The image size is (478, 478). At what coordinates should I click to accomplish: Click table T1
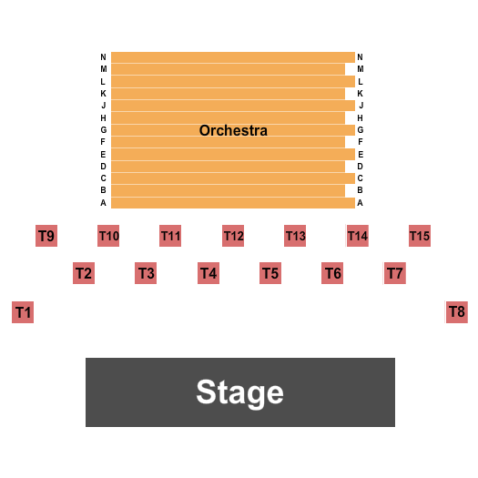point(23,312)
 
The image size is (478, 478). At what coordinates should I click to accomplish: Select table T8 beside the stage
point(457,312)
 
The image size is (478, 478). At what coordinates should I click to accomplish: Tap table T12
point(233,236)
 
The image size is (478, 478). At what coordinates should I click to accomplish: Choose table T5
point(270,273)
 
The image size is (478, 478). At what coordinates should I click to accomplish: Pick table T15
point(420,236)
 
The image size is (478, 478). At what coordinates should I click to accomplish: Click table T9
point(46,236)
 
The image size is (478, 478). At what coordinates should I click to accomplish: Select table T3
point(146,273)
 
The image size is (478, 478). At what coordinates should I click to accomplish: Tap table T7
point(395,273)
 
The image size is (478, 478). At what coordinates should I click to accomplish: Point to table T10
point(108,236)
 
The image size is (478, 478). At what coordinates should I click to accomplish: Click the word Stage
point(240,392)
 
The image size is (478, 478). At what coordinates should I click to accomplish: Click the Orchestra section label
point(233,130)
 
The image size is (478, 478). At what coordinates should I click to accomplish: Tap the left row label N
point(104,57)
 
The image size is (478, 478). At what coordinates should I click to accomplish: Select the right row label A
point(360,203)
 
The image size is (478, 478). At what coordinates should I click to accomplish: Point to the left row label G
point(104,130)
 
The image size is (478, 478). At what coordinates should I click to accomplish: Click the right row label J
point(361,106)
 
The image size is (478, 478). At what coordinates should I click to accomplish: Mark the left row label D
point(104,166)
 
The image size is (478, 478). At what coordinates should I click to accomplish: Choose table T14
point(358,236)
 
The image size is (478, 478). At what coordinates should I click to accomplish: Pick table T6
point(332,273)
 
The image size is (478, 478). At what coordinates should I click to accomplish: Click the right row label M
point(361,69)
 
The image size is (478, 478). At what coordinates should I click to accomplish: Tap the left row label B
point(104,190)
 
